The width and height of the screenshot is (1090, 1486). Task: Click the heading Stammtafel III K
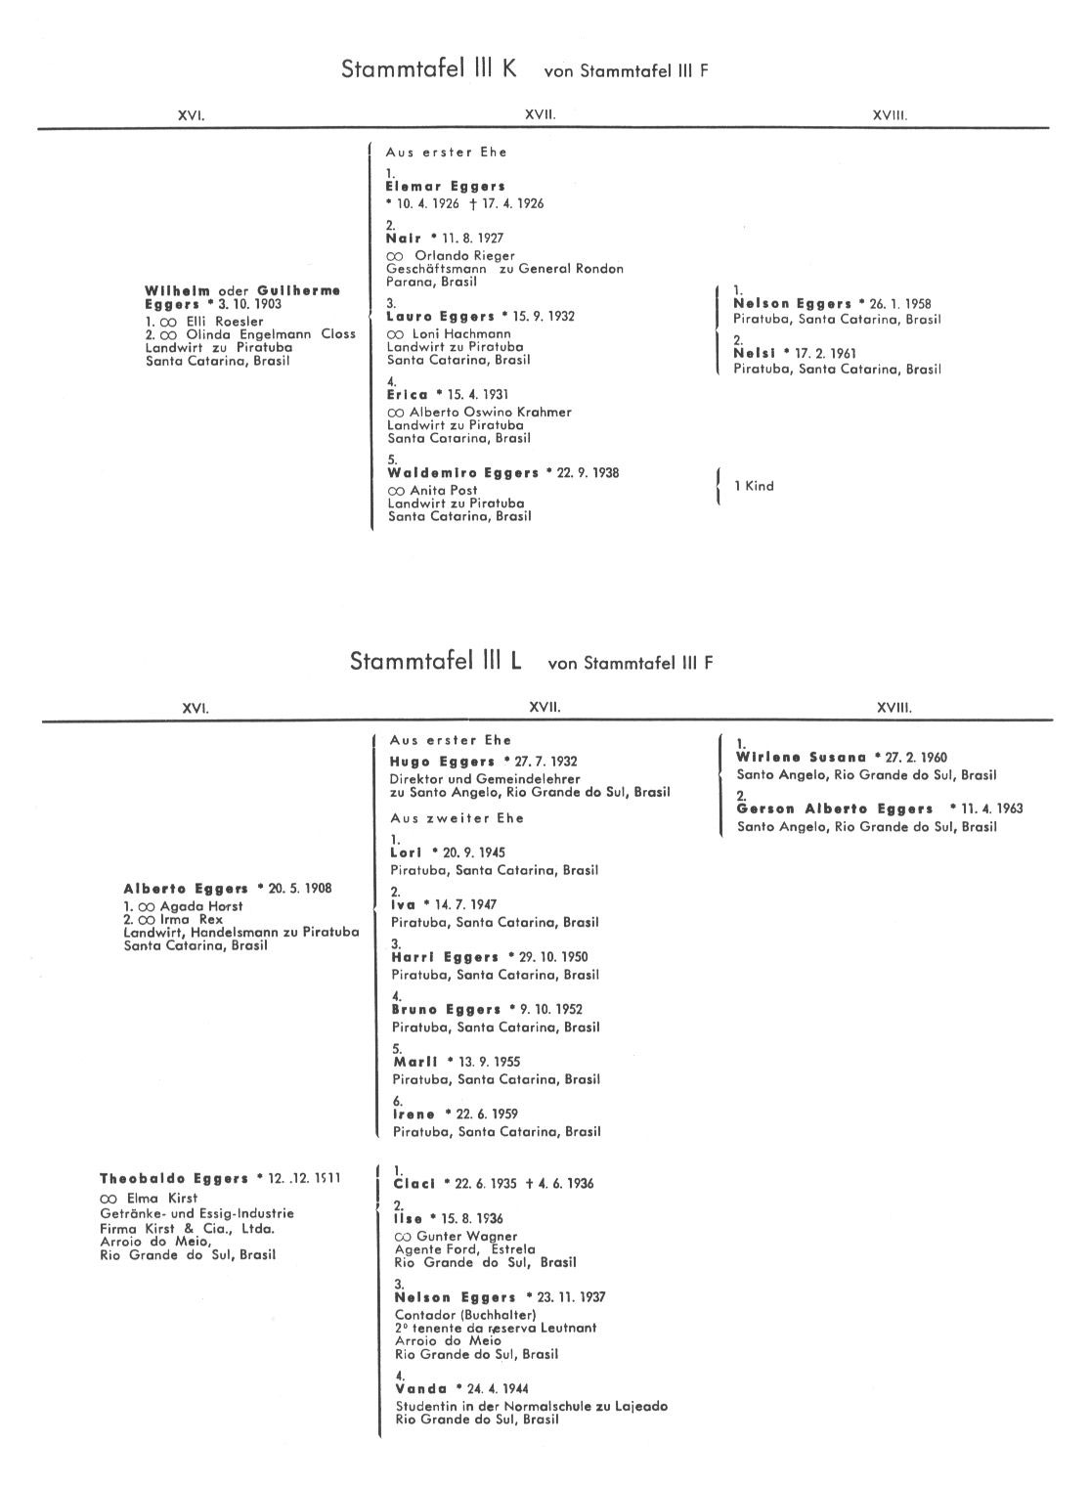point(429,69)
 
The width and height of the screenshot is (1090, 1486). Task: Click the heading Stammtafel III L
point(435,661)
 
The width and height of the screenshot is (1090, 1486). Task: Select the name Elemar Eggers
point(445,186)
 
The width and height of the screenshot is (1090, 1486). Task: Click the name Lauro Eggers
point(440,317)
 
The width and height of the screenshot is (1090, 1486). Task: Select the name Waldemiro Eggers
point(462,473)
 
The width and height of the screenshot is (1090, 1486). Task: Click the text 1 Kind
point(754,486)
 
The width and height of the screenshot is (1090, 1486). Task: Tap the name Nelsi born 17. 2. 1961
point(755,353)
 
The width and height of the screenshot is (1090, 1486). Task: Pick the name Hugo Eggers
point(442,762)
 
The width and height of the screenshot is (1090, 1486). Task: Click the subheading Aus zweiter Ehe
point(457,818)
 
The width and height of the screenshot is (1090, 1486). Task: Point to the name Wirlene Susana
point(801,758)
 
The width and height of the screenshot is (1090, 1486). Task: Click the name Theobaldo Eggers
point(173,1179)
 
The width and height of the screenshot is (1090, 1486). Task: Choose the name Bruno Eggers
point(446,1009)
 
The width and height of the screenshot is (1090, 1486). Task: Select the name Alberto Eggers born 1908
point(186,889)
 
